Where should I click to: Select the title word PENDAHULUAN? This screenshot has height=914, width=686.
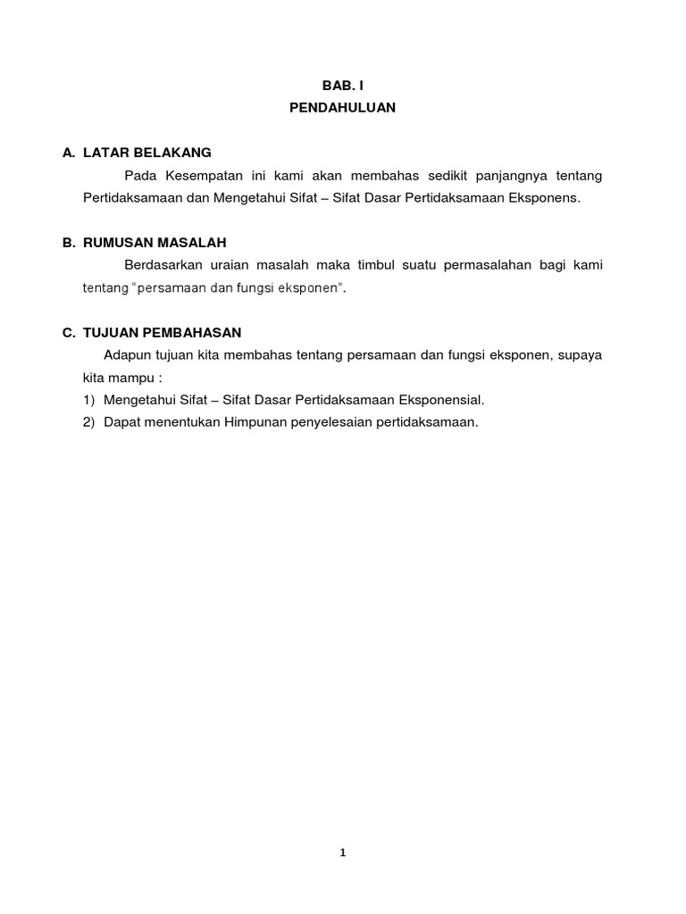point(342,108)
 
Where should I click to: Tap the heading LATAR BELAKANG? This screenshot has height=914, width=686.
point(146,153)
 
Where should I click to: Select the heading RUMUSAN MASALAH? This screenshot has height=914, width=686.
point(155,242)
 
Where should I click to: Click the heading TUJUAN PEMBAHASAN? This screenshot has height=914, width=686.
point(162,332)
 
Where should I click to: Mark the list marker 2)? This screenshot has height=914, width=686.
point(88,421)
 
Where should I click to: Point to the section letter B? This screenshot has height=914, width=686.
point(67,242)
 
